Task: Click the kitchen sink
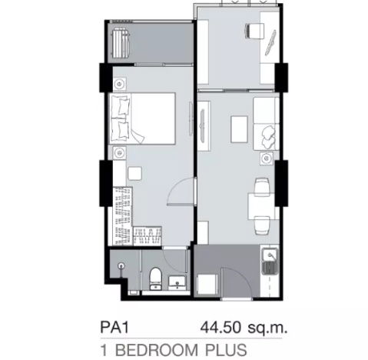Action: (270, 265)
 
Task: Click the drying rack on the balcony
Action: (122, 42)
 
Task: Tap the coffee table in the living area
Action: (238, 128)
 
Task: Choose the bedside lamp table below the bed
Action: (118, 153)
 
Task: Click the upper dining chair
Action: (262, 185)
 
